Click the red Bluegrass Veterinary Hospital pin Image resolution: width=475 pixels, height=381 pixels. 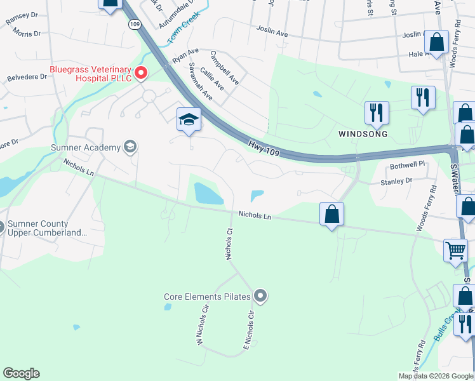[139, 73]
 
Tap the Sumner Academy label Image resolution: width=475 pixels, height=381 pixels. [85, 148]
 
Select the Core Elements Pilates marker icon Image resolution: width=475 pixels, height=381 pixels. [260, 296]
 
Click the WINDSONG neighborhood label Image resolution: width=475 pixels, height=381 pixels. [362, 134]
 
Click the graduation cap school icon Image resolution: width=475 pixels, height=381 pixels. [189, 119]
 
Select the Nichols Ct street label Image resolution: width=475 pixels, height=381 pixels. [230, 244]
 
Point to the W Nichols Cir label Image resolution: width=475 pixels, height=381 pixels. [203, 327]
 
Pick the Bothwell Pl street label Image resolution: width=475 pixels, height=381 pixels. [406, 164]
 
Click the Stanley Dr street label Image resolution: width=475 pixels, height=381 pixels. [398, 182]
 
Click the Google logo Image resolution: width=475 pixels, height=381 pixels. [21, 373]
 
